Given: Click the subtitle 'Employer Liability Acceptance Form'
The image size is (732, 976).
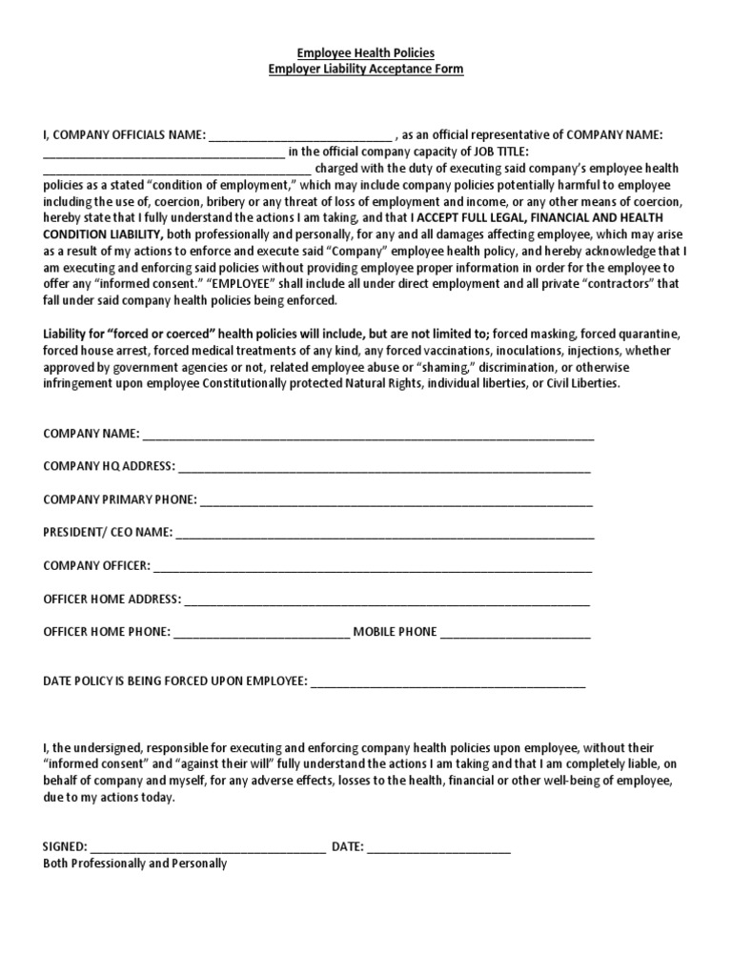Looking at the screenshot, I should [366, 70].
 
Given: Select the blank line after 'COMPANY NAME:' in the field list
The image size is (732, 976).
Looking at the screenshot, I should [368, 436].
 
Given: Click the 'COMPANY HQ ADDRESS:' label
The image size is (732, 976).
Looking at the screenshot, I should [109, 466].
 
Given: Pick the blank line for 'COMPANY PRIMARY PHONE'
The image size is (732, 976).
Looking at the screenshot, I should [396, 499].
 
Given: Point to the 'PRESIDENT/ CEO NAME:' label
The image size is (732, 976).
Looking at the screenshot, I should [108, 533].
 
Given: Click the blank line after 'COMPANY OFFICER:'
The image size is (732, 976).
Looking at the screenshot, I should [373, 566].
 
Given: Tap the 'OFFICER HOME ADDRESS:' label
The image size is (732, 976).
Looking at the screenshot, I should [112, 599].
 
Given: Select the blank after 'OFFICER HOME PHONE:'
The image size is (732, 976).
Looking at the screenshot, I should [262, 632].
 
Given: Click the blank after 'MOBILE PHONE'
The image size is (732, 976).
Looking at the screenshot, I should [515, 632].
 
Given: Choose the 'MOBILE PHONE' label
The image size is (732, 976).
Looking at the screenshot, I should [396, 632].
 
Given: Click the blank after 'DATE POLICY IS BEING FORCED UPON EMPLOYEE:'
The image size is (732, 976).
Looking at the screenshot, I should [448, 682].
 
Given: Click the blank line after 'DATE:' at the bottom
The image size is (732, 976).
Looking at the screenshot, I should [438, 846].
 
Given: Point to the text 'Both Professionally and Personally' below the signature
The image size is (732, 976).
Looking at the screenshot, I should [135, 864].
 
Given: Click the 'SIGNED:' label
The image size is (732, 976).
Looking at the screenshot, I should [65, 846].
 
